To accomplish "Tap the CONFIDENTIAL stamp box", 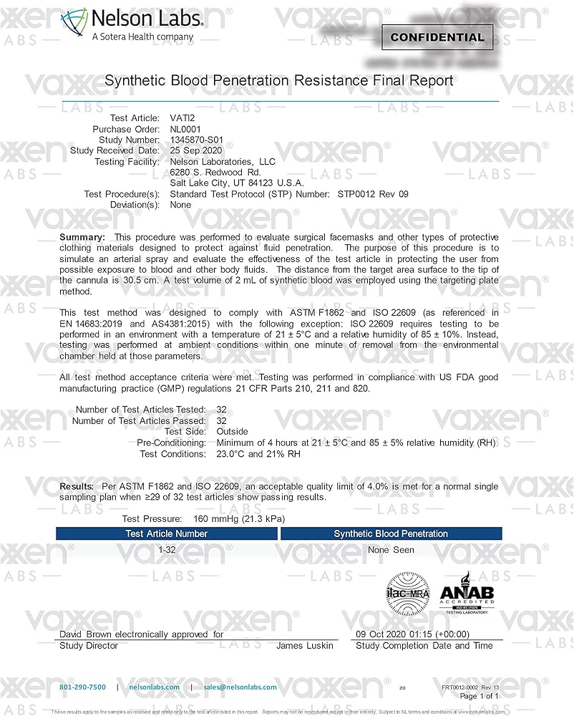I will pyautogui.click(x=437, y=37).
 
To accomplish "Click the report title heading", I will pyautogui.click(x=279, y=81).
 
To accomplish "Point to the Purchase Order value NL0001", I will pyautogui.click(x=187, y=129).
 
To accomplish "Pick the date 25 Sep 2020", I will pyautogui.click(x=196, y=150).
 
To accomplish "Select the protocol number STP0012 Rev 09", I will pyautogui.click(x=373, y=194).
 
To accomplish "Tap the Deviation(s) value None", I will pyautogui.click(x=180, y=205).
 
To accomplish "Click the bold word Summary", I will pyautogui.click(x=82, y=237).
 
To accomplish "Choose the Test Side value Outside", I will pyautogui.click(x=232, y=432).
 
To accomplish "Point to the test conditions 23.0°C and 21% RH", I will pyautogui.click(x=258, y=454).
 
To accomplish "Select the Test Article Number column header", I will pyautogui.click(x=167, y=533).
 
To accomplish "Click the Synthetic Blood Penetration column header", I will pyautogui.click(x=391, y=533).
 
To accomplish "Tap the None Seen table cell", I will pyautogui.click(x=391, y=550).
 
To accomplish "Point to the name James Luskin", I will pyautogui.click(x=305, y=646).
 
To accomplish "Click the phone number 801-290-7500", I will pyautogui.click(x=82, y=687).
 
